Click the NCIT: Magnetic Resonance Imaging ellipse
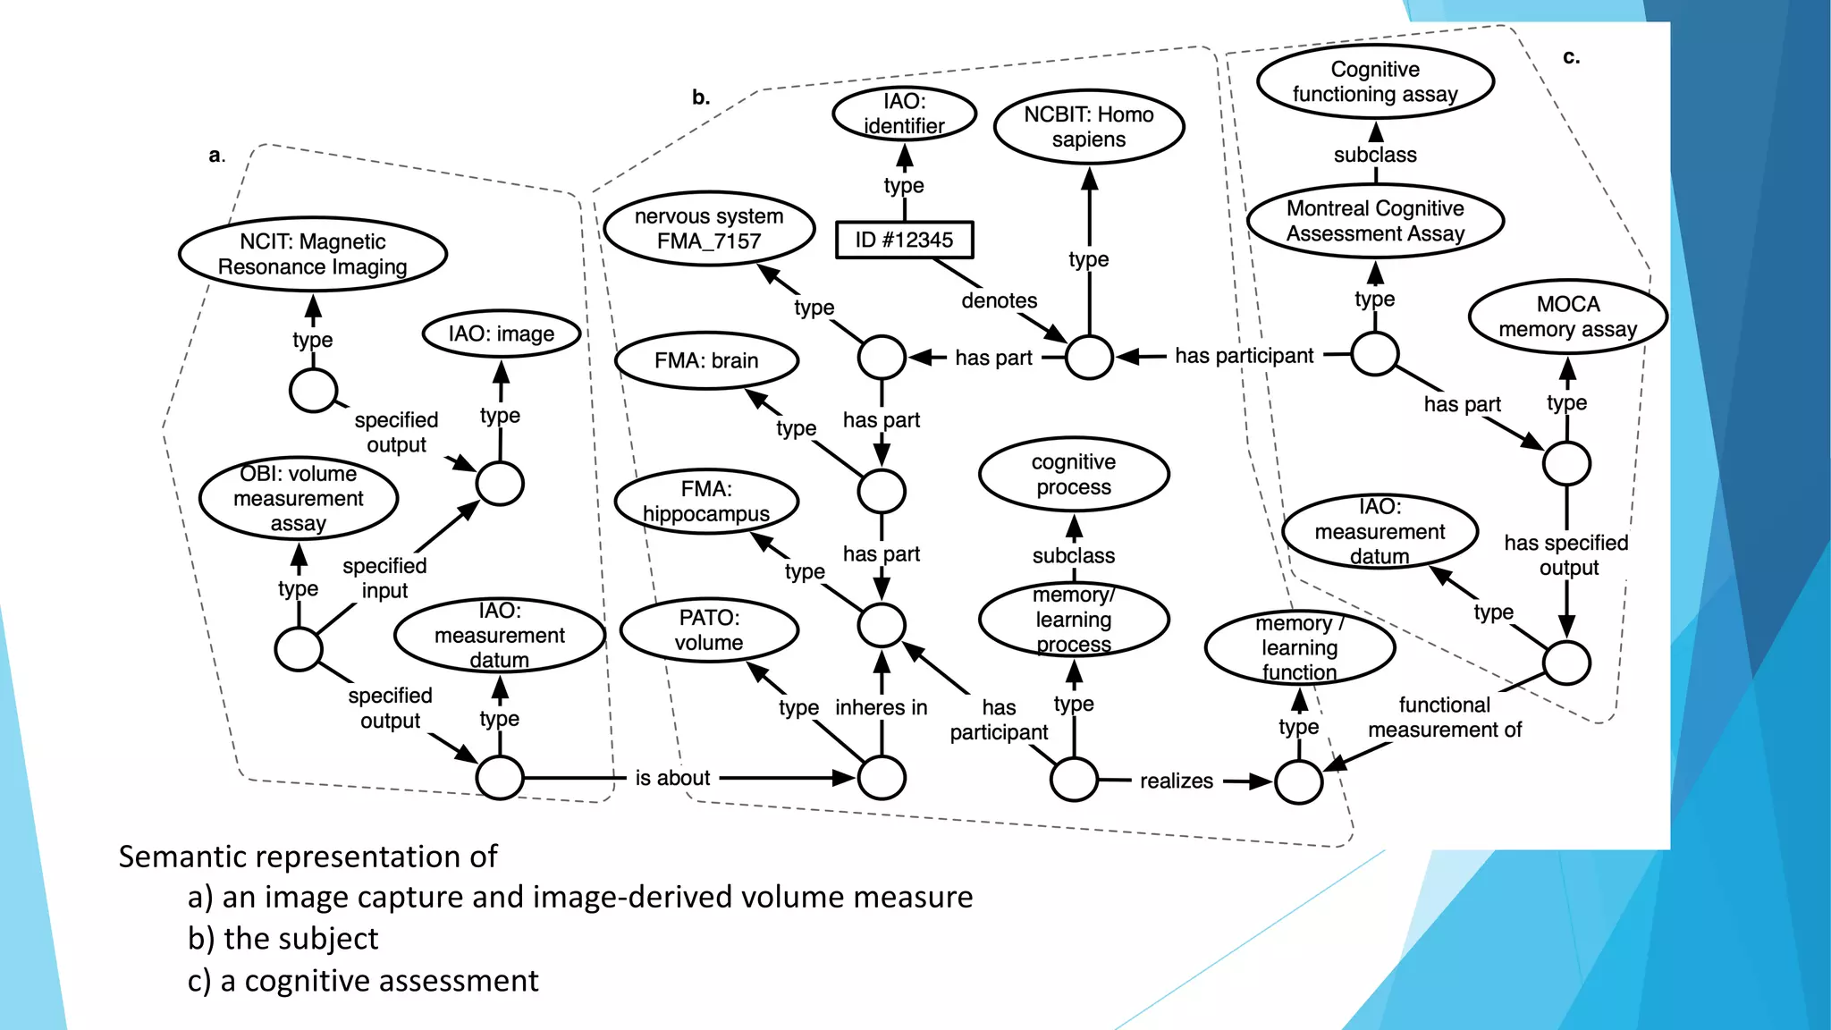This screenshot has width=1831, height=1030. click(312, 254)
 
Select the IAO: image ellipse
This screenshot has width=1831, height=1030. click(501, 334)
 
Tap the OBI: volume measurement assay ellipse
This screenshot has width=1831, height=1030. click(298, 498)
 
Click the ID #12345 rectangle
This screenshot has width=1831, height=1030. click(904, 240)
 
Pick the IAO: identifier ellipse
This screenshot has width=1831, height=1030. click(904, 114)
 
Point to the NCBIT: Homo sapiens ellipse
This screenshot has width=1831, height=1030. click(1088, 127)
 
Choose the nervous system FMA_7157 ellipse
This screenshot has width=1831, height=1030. click(708, 228)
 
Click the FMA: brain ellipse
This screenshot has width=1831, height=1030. click(706, 360)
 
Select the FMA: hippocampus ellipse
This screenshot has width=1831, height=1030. click(706, 501)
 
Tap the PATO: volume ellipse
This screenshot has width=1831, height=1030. click(708, 629)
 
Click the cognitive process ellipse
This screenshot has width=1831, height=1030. click(1073, 474)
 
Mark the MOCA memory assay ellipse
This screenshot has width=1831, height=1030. click(1567, 317)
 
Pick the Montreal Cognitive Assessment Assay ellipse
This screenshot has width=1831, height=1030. click(1375, 221)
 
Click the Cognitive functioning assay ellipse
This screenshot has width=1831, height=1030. click(1375, 81)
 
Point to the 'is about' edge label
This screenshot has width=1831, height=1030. click(672, 778)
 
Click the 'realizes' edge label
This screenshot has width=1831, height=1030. click(1176, 781)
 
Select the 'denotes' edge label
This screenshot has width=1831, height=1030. click(999, 300)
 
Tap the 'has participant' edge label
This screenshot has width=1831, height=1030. click(1244, 356)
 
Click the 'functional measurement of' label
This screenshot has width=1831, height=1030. click(1444, 717)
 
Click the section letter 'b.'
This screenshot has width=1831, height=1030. click(701, 97)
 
